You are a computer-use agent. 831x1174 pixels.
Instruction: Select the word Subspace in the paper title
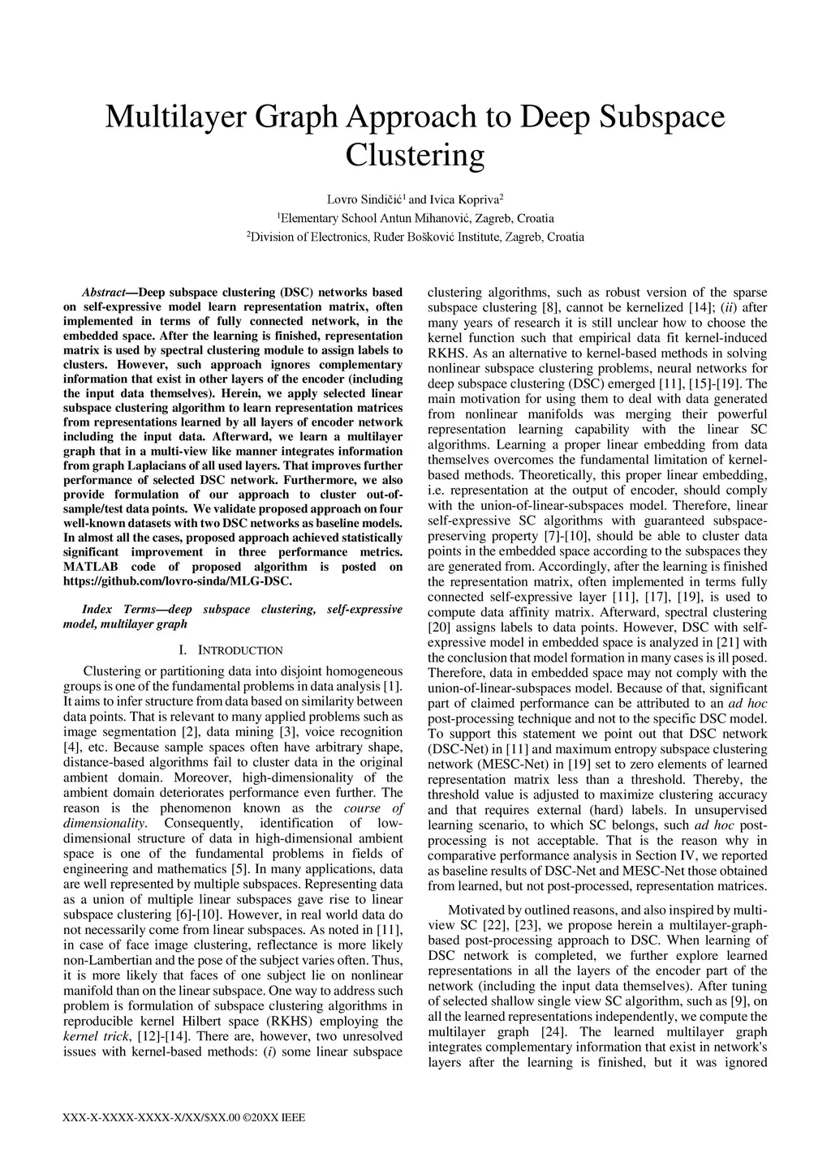[x=662, y=118]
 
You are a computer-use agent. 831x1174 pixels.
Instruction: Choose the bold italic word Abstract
[x=103, y=293]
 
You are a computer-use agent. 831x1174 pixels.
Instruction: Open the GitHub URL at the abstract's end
[x=177, y=581]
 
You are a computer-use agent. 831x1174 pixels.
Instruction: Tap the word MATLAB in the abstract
[x=91, y=567]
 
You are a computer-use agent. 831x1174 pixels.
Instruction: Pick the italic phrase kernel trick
[x=91, y=1037]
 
